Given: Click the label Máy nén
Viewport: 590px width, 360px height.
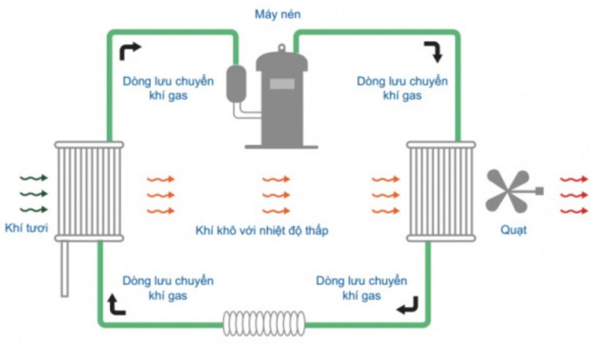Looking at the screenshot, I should coord(277,14).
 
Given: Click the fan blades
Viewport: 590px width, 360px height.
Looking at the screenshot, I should coord(506,191).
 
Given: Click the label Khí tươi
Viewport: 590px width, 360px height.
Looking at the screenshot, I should coord(26,228).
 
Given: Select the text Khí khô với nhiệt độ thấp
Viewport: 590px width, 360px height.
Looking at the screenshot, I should coord(262,231).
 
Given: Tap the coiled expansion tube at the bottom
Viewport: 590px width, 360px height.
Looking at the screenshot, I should coord(264,323).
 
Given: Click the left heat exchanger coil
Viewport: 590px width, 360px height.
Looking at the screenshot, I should coord(89,191).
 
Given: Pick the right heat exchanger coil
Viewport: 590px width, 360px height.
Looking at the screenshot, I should coord(441,191).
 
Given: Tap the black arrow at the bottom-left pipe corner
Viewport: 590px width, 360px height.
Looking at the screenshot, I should coord(117,304).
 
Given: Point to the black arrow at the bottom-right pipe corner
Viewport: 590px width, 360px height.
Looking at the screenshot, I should coord(408,305).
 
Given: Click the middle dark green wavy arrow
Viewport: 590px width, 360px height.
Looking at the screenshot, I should coord(34,194).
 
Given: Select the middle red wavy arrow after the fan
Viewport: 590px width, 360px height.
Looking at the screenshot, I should coord(574,195).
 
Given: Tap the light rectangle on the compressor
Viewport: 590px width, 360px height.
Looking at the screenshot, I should coord(282,84).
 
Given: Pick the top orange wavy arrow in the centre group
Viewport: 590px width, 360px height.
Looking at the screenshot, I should coord(276,179).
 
